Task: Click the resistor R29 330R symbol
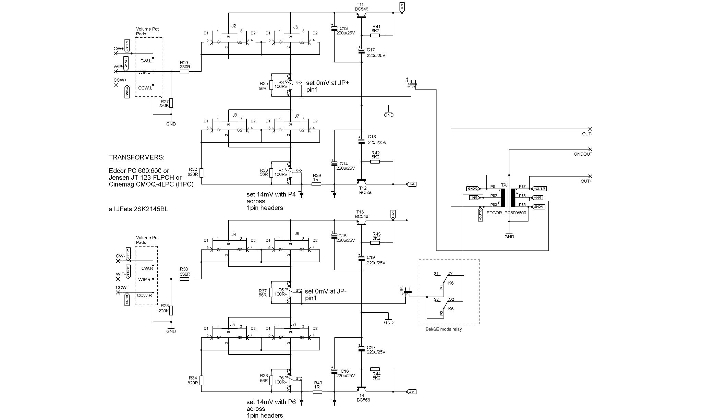pyautogui.click(x=185, y=72)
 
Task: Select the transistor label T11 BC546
pyautogui.click(x=362, y=7)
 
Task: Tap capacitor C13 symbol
pyautogui.click(x=334, y=28)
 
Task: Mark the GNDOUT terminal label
pyautogui.click(x=583, y=154)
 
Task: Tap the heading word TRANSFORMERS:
pyautogui.click(x=136, y=158)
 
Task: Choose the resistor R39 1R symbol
pyautogui.click(x=316, y=184)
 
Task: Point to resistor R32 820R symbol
pyautogui.click(x=202, y=172)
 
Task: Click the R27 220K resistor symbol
pyautogui.click(x=171, y=103)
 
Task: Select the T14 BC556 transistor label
pyautogui.click(x=363, y=397)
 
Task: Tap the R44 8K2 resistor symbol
pyautogui.click(x=375, y=369)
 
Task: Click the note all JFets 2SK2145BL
pyautogui.click(x=138, y=209)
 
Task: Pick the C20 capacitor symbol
pyautogui.click(x=361, y=349)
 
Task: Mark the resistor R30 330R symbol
pyautogui.click(x=184, y=279)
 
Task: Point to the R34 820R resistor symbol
pyautogui.click(x=202, y=380)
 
